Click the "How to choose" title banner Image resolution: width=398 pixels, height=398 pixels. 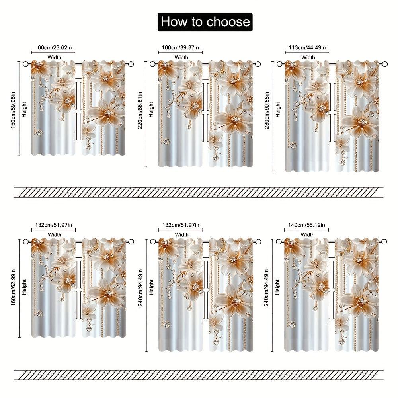205,22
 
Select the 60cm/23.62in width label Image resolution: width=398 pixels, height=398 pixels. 55,48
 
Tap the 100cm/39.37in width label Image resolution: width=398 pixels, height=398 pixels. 181,48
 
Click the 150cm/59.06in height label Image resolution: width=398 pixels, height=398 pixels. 14,109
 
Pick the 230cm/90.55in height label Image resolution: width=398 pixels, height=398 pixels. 267,116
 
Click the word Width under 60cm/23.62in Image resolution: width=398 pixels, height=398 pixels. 55,57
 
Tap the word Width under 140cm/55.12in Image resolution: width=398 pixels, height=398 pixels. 307,235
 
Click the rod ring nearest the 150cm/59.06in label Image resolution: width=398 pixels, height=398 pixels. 26,64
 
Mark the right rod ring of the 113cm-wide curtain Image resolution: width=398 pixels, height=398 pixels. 384,64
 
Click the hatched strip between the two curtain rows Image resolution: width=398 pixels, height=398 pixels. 199,192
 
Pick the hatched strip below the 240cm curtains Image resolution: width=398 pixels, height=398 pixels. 199,375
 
